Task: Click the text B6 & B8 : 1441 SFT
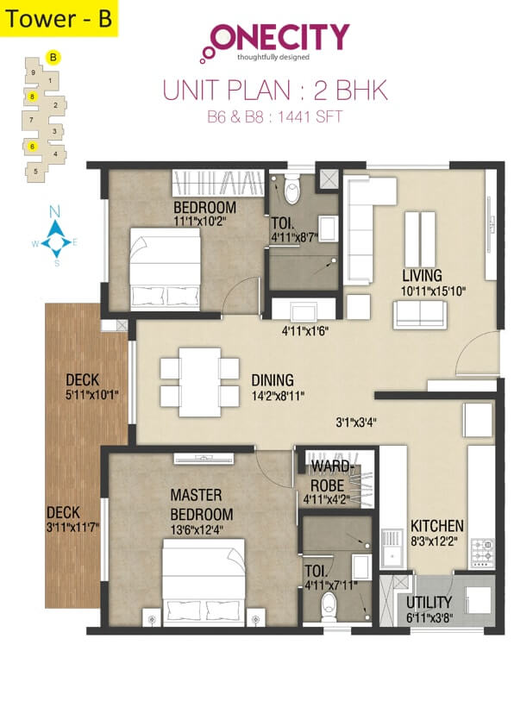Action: pyautogui.click(x=275, y=116)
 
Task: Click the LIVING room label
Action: pyautogui.click(x=422, y=275)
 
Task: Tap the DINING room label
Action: pyautogui.click(x=273, y=379)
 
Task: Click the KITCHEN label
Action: pyautogui.click(x=436, y=525)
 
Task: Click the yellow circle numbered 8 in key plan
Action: pyautogui.click(x=32, y=96)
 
